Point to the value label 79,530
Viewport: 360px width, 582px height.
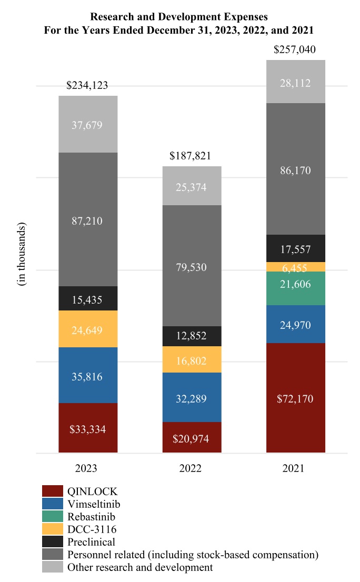click(192, 267)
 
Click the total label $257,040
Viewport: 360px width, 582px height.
click(296, 51)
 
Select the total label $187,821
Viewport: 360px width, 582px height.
click(192, 156)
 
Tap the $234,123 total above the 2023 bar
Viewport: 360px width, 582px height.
click(87, 86)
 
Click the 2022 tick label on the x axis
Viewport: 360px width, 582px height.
click(192, 468)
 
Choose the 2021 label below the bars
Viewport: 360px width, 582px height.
click(296, 468)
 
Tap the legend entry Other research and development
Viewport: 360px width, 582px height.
click(140, 567)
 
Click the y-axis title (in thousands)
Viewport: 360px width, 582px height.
click(22, 254)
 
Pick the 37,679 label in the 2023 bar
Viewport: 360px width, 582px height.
click(87, 125)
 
